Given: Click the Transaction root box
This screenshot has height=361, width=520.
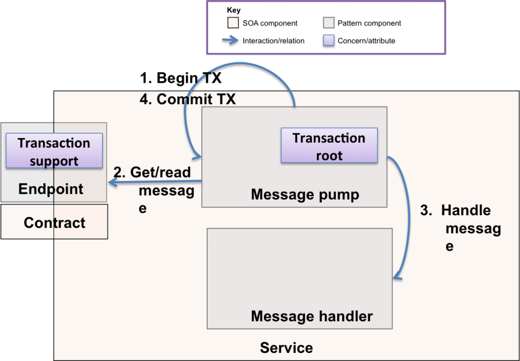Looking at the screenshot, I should pos(329,146).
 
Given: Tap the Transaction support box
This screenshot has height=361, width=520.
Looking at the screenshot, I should pos(54,151).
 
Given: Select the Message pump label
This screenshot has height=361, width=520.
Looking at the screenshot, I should pos(305,194).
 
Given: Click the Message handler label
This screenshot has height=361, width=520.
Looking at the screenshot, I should pos(311,316).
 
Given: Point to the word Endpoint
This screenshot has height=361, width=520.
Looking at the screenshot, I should pos(51,189).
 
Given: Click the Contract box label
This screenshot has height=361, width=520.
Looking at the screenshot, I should pos(54,222).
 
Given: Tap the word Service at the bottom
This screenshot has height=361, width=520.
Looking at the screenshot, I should pos(286,348).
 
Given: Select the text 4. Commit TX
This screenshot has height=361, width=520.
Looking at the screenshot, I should pos(187,99).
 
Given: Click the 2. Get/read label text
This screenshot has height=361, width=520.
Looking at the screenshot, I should pos(152,172).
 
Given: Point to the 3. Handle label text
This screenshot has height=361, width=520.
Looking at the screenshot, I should pos(456,210).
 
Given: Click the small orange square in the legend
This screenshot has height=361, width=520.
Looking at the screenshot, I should pos(233,23).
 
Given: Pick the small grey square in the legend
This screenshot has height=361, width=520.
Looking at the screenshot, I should pos(329,23).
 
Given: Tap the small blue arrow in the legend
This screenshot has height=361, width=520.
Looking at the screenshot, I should pos(231,40).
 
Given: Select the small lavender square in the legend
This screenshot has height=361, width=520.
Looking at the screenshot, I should pos(329,40).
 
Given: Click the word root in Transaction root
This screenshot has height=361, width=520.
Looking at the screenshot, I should pos(329,155).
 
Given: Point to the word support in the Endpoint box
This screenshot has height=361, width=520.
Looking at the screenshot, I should pos(54,161).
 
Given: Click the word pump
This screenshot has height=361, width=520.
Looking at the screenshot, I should pos(340,194).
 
